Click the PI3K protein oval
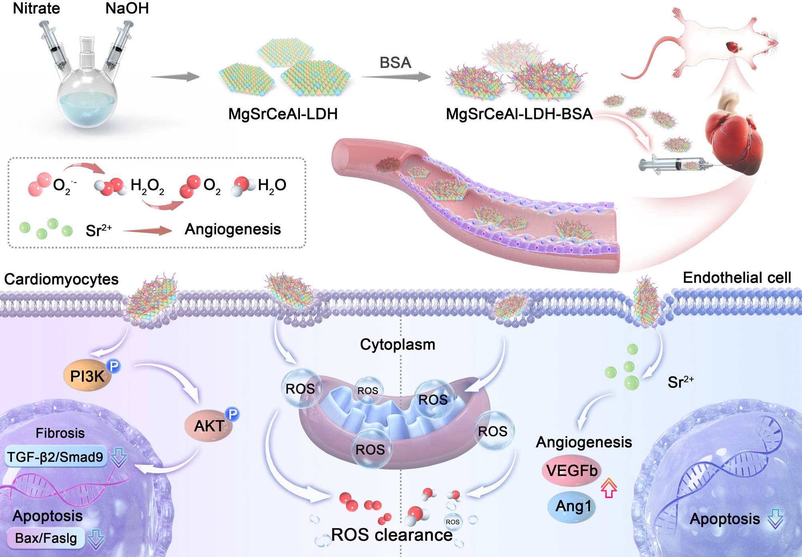87,376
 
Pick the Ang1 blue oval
573,506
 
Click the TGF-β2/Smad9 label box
56,457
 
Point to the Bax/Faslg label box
46,538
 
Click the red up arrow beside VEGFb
609,488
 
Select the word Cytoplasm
397,344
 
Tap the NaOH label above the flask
127,8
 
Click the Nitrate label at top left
36,8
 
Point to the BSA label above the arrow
395,63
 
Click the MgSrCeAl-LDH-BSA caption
519,114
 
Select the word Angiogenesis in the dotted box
233,229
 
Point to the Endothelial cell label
736,278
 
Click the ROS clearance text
391,535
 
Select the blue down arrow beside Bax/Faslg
96,539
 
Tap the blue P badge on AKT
232,414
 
